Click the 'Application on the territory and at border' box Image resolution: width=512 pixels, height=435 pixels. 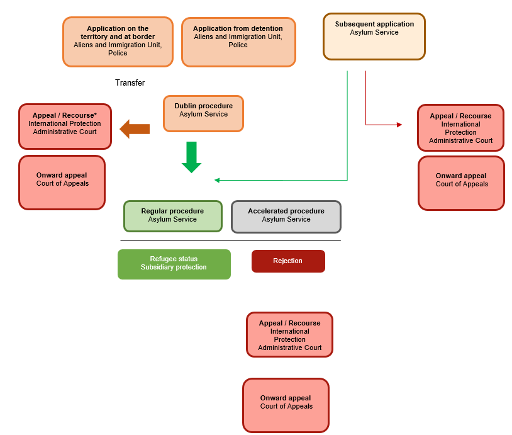pos(118,42)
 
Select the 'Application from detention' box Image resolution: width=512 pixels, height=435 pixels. pos(238,42)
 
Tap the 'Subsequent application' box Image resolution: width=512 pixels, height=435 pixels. pos(374,37)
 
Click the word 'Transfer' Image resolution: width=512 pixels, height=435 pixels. pos(130,83)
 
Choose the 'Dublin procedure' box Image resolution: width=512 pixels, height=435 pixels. pos(203,113)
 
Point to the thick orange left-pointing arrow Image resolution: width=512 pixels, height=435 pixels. pos(134,129)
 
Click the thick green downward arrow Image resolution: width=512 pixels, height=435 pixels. pos(191,157)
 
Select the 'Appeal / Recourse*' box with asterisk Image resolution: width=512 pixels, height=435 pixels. pos(65,126)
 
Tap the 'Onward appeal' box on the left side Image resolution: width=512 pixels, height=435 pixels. pos(62,182)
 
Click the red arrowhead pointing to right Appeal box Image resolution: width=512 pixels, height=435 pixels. pos(399,125)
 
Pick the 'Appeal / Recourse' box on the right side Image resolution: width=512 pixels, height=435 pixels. pos(460,128)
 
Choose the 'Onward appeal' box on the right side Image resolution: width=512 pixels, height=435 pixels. pos(461,183)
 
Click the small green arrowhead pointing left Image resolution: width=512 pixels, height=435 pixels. pos(217,180)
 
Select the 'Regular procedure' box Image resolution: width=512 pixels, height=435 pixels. pos(172,216)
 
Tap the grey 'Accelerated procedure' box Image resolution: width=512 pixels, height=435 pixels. pos(286,217)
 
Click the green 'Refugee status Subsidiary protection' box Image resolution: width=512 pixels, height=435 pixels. pos(174,264)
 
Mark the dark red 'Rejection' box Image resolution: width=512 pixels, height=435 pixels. pos(288,261)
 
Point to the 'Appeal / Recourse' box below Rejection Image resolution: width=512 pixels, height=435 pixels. pos(289,334)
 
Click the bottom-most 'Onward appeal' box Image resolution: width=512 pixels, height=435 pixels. pos(286,405)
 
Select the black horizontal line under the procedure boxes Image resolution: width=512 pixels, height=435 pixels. pos(230,240)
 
